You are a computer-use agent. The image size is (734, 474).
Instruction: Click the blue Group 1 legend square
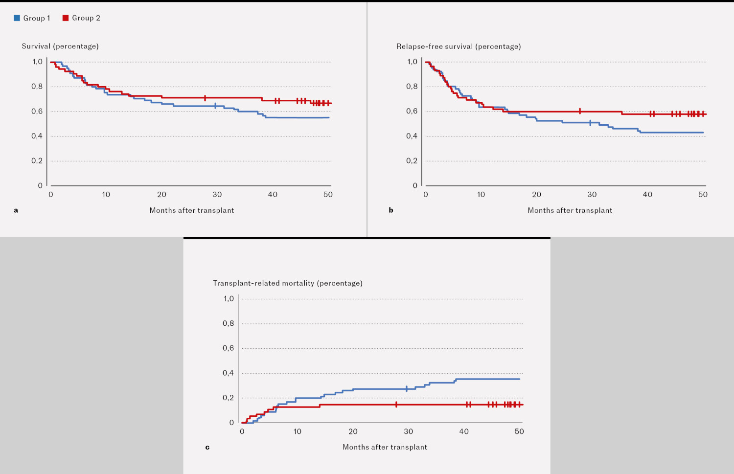click(x=17, y=18)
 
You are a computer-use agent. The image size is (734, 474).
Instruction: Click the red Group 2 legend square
click(x=66, y=18)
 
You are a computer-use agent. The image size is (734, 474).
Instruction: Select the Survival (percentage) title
click(x=60, y=46)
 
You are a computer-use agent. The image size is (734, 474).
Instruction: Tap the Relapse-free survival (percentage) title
click(x=459, y=46)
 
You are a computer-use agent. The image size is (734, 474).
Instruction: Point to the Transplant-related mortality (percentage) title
click(x=288, y=283)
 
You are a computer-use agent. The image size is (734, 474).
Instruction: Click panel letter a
click(x=16, y=210)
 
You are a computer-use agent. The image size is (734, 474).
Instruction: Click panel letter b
click(x=391, y=210)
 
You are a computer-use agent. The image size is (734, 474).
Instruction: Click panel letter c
click(x=207, y=447)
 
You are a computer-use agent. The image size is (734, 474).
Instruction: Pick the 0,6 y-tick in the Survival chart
click(x=37, y=111)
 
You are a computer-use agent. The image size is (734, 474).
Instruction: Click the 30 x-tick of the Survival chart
click(x=217, y=195)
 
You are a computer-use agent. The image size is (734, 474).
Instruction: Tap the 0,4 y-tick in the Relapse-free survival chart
click(x=412, y=136)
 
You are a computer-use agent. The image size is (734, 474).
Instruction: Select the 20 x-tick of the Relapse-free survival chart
click(x=537, y=195)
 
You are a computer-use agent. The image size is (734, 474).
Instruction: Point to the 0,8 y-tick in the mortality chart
click(x=229, y=323)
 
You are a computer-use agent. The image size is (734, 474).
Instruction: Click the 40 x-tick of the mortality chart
click(x=464, y=431)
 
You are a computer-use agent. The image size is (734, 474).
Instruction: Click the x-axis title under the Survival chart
click(x=192, y=210)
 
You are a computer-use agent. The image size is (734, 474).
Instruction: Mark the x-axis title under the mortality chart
click(x=385, y=447)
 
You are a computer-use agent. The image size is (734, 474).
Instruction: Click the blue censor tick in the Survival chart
click(x=215, y=106)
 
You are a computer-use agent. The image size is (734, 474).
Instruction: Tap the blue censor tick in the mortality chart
click(x=407, y=389)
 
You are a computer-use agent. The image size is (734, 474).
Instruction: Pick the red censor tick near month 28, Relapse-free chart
click(x=580, y=111)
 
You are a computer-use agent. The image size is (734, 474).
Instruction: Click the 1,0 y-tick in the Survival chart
click(x=38, y=62)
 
